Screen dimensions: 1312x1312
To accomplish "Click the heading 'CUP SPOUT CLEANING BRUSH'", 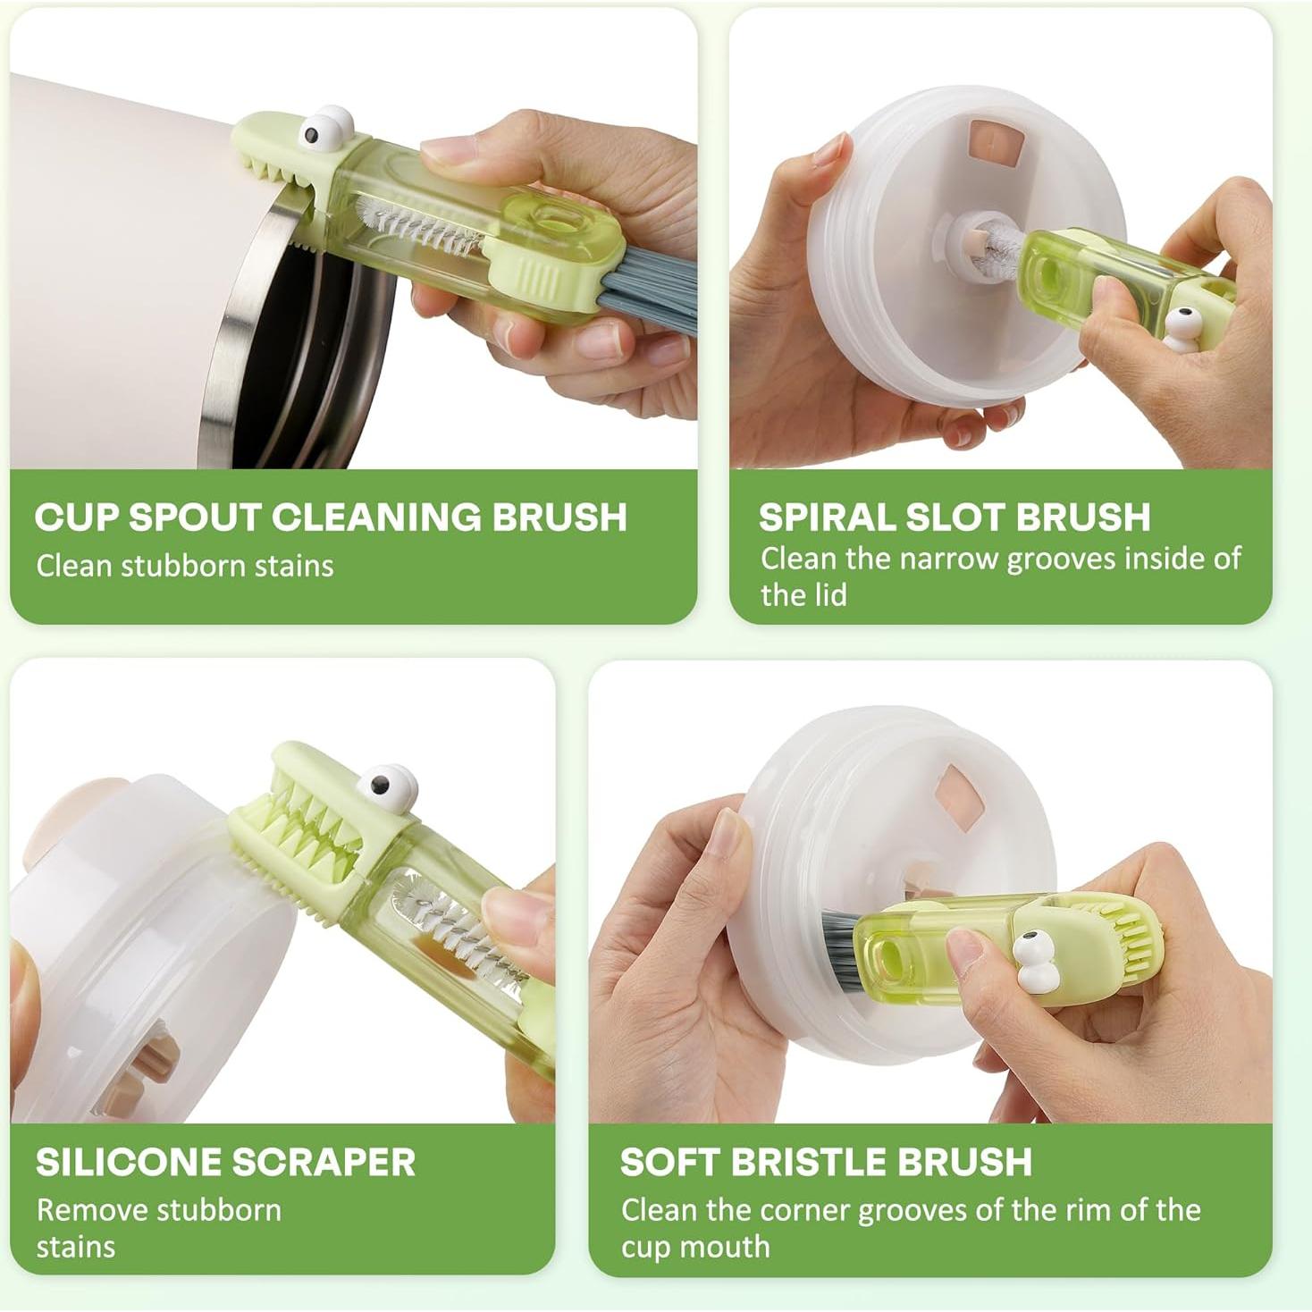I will point(331,517).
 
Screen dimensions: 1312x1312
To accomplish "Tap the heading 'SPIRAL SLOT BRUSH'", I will point(955,517).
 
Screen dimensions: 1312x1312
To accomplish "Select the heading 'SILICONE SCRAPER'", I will point(225,1162).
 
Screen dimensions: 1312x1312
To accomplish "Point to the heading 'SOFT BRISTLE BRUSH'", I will point(826,1162).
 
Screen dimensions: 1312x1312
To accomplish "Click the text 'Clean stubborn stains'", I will point(185,567).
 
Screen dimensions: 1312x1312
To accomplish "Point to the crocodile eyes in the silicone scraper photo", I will point(387,784).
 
